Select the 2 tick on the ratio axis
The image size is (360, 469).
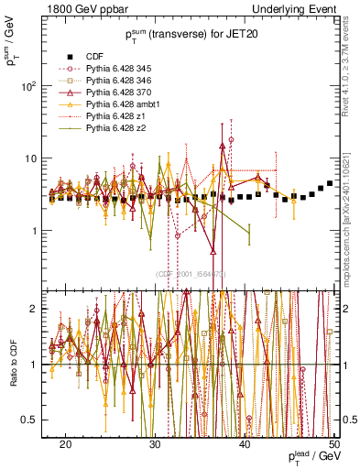click(40, 310)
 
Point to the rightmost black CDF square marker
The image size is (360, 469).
click(330, 183)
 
